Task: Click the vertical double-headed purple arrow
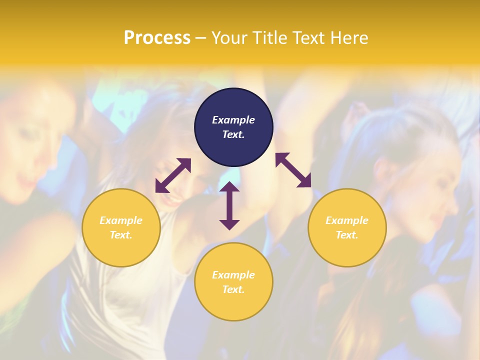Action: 229,205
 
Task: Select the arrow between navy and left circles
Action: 173,175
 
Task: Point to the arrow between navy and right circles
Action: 293,170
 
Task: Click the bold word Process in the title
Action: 157,38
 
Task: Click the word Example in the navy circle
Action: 233,120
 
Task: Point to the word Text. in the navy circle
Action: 233,134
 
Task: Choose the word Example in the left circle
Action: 121,220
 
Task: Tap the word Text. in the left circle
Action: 121,235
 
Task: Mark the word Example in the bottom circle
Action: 233,275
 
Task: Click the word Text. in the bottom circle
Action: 233,289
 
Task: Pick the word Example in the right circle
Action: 347,220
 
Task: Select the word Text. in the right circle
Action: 347,235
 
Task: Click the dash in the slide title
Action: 201,38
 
